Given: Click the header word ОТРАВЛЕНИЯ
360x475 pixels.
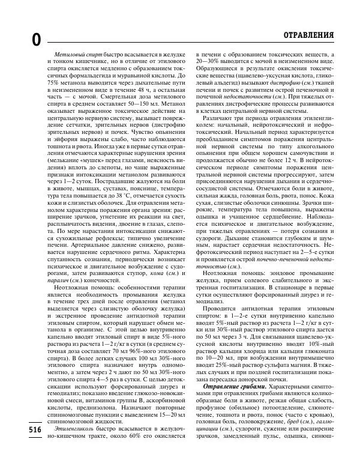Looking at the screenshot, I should click(x=309, y=35).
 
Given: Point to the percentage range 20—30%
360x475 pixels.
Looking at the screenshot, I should click(x=209, y=62).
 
